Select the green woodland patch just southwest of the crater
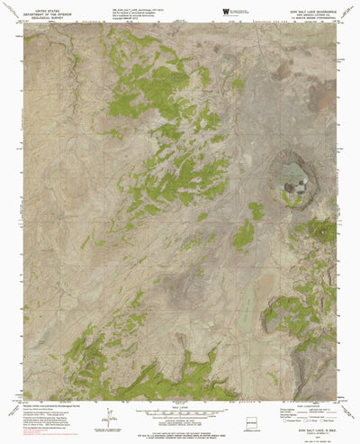point(244,237)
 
